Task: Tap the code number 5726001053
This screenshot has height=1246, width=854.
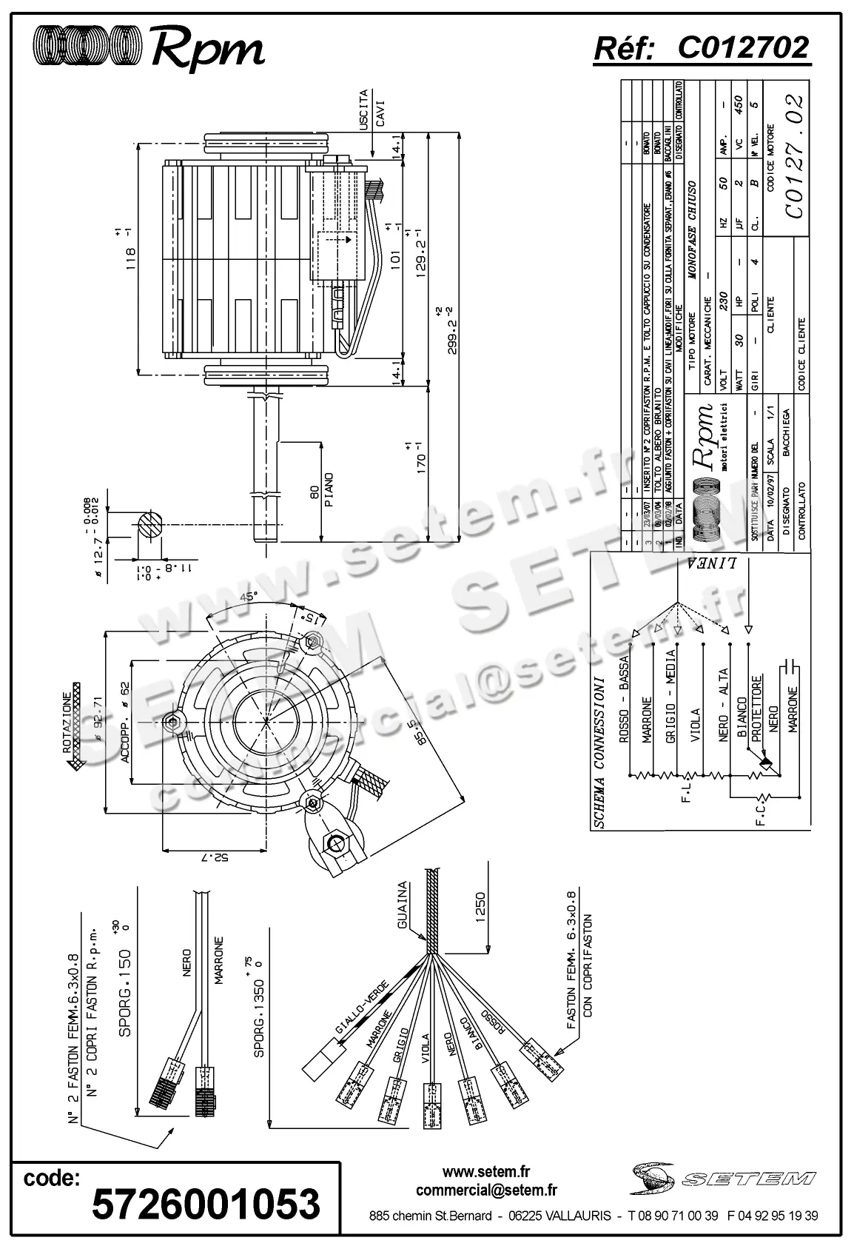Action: click(x=206, y=1203)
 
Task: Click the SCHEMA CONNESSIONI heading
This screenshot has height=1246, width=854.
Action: click(x=601, y=751)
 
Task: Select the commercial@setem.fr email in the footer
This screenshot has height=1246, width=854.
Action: click(x=486, y=1190)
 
